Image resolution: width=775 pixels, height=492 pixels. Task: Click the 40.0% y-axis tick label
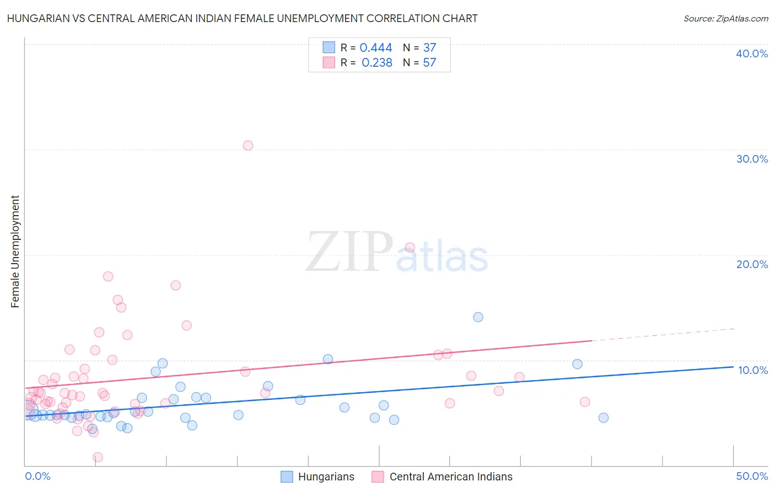pyautogui.click(x=752, y=54)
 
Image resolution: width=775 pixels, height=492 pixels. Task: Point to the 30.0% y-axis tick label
pyautogui.click(x=752, y=159)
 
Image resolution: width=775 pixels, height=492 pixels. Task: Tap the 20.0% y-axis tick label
pyautogui.click(x=752, y=264)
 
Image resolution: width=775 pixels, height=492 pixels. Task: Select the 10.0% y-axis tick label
pyautogui.click(x=753, y=370)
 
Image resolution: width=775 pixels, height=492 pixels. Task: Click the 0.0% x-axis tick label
pyautogui.click(x=37, y=476)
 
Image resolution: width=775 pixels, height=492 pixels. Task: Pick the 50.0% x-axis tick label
pyautogui.click(x=752, y=476)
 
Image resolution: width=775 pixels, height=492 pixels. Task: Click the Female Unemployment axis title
pyautogui.click(x=15, y=252)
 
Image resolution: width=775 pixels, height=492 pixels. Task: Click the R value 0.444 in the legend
pyautogui.click(x=376, y=48)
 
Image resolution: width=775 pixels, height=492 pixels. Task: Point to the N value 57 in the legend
pyautogui.click(x=429, y=63)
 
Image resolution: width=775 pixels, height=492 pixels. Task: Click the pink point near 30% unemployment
pyautogui.click(x=248, y=146)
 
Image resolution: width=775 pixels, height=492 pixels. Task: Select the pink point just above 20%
pyautogui.click(x=410, y=248)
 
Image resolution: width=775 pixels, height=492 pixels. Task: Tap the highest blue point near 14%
pyautogui.click(x=478, y=317)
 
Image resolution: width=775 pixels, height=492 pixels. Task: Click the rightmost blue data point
pyautogui.click(x=604, y=418)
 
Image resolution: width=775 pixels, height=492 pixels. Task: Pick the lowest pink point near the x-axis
pyautogui.click(x=98, y=457)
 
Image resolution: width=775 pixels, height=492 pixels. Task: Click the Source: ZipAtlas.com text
pyautogui.click(x=725, y=19)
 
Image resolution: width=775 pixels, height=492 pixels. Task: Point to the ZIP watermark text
pyautogui.click(x=349, y=252)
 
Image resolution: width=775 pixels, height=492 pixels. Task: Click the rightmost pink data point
pyautogui.click(x=585, y=402)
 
